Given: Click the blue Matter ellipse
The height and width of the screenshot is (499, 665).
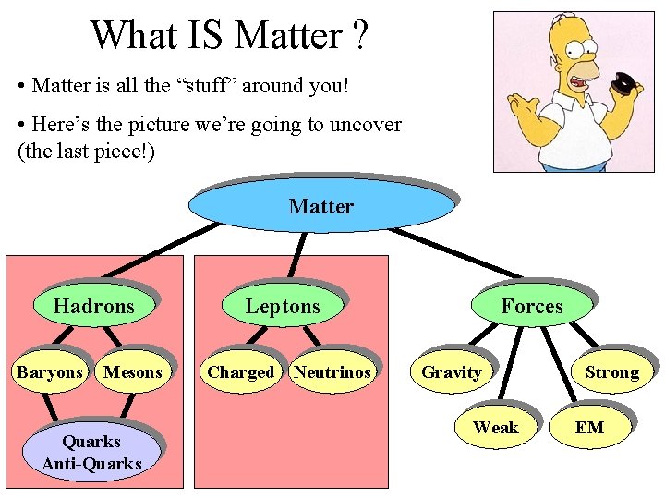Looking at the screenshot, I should pos(320,206).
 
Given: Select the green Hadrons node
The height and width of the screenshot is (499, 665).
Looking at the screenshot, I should pos(93,306).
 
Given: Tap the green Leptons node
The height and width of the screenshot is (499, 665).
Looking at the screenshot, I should pos(283,306).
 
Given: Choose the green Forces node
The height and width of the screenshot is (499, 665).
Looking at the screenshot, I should pos(531,306).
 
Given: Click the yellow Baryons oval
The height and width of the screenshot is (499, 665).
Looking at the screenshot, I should pos(50,372).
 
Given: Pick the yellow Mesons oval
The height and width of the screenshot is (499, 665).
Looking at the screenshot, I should pos(133,372).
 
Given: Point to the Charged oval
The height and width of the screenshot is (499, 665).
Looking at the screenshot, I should pos(240,372).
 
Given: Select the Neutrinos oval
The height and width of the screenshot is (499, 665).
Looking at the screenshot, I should pos(332,372).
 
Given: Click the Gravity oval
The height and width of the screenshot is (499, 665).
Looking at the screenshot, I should pos(451,372).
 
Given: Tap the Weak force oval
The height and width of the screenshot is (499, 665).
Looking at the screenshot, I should pos(496,428).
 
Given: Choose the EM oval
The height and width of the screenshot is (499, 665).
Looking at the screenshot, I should pos(589,428).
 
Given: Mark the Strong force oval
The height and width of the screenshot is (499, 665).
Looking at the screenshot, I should pos(611,372).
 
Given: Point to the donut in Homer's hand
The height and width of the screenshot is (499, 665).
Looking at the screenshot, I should pos(624,85).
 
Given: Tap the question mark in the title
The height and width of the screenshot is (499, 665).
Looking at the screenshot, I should pos(359,35).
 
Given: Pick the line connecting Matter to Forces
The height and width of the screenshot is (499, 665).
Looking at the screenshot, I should pos(462,249).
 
